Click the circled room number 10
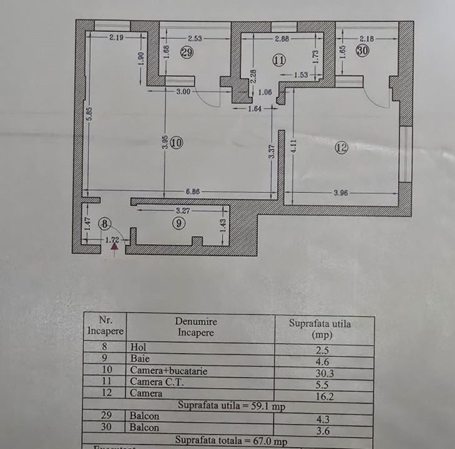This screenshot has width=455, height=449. click(x=176, y=143)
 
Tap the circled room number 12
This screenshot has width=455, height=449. click(x=341, y=148)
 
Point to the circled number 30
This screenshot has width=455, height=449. click(x=363, y=51)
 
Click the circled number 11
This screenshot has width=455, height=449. click(x=278, y=60)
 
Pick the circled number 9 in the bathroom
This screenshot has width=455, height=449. click(x=179, y=223)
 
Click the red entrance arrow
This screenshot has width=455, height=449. click(x=114, y=248)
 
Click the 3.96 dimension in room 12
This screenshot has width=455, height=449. click(x=340, y=193)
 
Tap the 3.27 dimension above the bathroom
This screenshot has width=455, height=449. click(x=182, y=211)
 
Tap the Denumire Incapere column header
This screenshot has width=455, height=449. click(x=196, y=327)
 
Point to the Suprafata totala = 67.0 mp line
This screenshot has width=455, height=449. click(x=231, y=440)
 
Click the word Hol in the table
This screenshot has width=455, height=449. click(x=137, y=347)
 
